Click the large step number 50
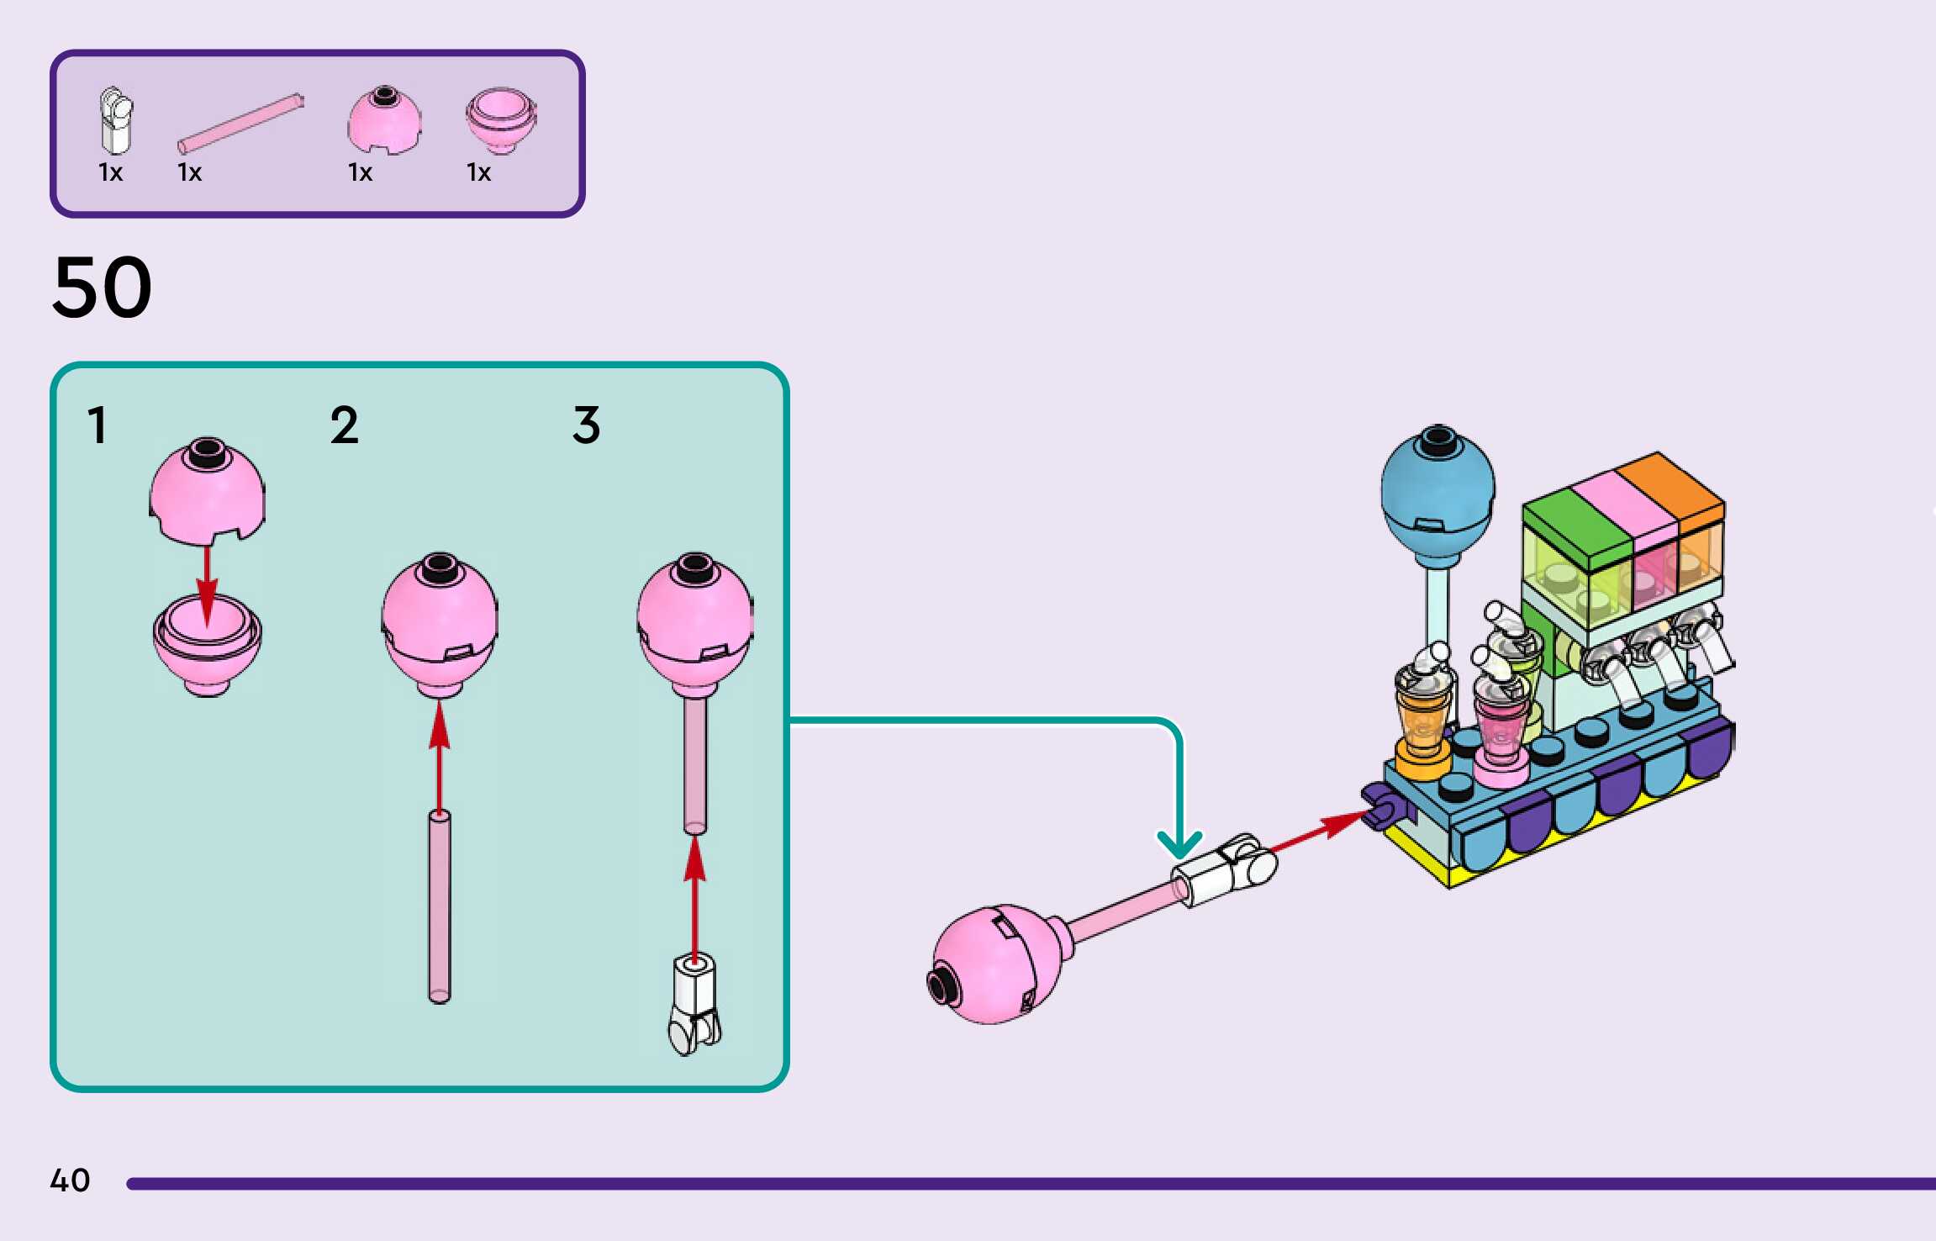[x=102, y=288]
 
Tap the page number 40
[x=70, y=1180]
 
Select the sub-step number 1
[x=98, y=425]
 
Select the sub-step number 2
[x=344, y=425]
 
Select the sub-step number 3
[x=586, y=425]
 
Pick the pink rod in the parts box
[x=240, y=124]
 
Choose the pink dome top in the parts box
[x=384, y=120]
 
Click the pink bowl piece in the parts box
[x=501, y=120]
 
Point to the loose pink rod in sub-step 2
[x=439, y=906]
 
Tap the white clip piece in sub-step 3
[x=695, y=1005]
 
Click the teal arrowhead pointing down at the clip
[x=1179, y=844]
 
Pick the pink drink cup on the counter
[x=1501, y=729]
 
